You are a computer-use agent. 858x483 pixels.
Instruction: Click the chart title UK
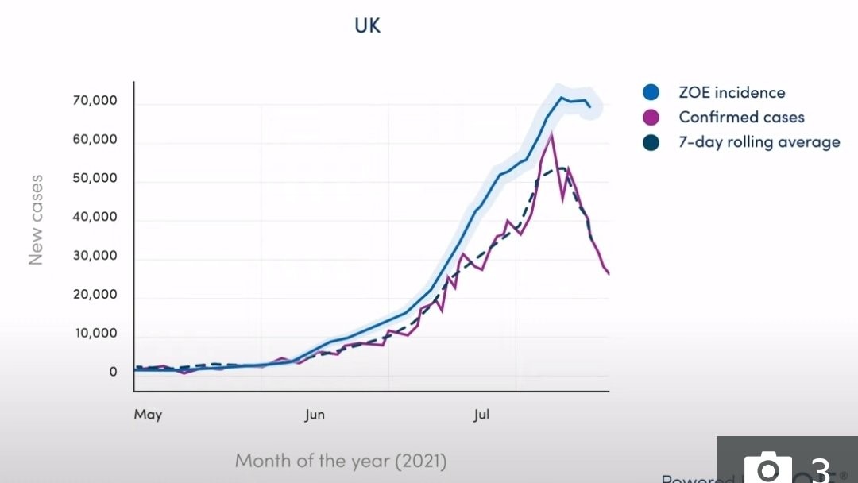(x=368, y=25)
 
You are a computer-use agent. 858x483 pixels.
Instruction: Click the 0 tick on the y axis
(x=113, y=372)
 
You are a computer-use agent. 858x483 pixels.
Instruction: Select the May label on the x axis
(x=148, y=415)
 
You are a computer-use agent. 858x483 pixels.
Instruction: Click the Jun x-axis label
(x=315, y=415)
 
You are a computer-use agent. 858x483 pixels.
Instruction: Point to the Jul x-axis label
(x=481, y=415)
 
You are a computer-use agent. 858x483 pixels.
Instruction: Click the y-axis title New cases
(x=36, y=220)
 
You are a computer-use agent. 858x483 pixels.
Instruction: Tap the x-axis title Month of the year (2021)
(x=340, y=461)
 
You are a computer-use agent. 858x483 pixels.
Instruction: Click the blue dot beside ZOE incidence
(x=651, y=92)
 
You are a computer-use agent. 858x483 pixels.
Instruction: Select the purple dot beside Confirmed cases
(x=651, y=118)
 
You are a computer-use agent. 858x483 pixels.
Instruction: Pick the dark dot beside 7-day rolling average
(x=651, y=143)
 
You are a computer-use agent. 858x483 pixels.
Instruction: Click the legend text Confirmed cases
(x=741, y=118)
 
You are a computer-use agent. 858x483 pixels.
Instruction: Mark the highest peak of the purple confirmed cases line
(x=551, y=135)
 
